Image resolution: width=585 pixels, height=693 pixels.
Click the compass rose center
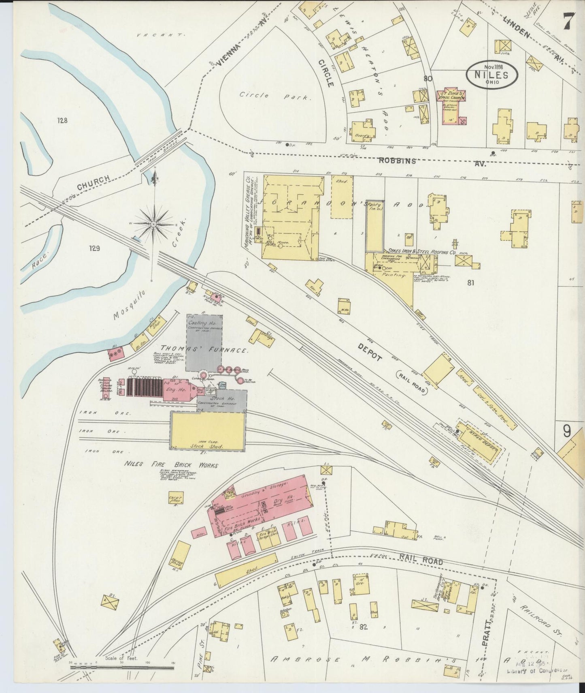(154, 224)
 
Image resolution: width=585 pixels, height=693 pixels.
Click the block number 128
(62, 120)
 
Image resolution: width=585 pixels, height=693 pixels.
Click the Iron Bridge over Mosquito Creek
(162, 150)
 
